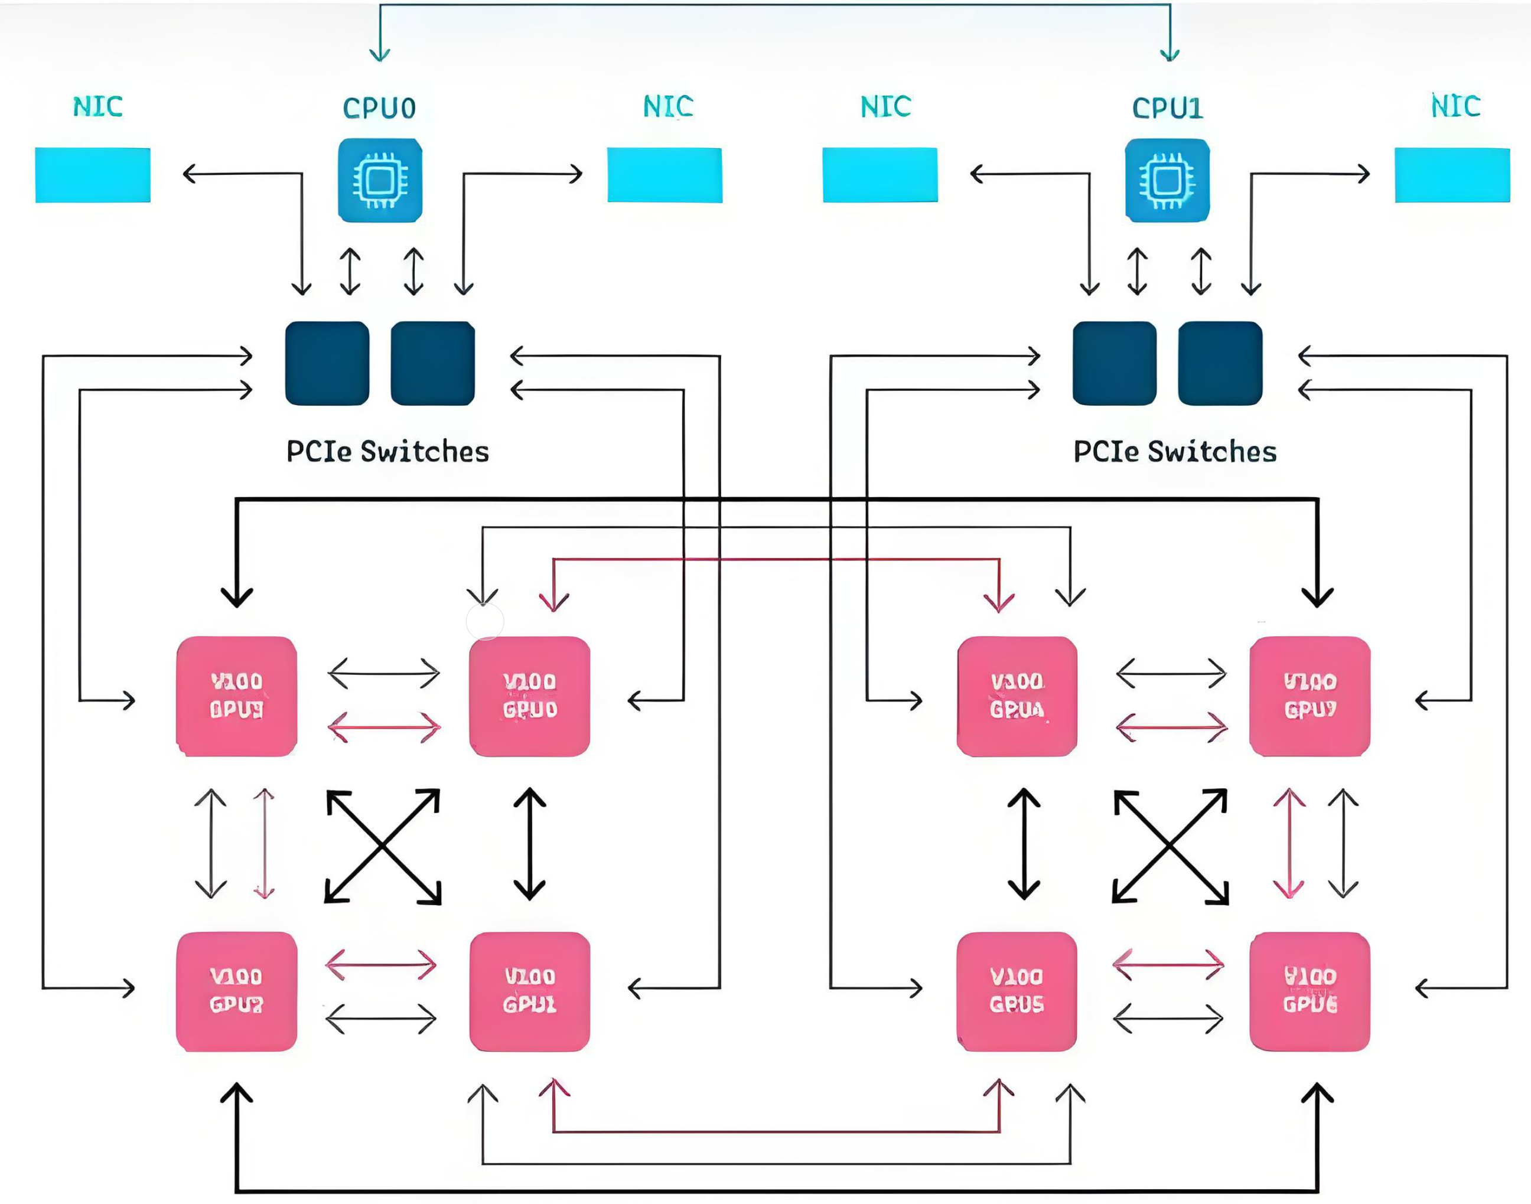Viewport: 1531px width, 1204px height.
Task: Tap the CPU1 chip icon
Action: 1167,181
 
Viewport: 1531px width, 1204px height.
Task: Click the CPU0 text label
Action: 379,109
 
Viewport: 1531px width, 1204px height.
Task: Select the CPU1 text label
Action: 1167,109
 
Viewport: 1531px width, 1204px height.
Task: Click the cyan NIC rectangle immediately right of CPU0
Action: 664,175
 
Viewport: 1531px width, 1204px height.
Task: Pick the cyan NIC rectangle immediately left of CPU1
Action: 879,175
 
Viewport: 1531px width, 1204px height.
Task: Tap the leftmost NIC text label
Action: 98,106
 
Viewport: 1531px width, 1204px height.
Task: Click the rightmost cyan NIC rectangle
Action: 1452,175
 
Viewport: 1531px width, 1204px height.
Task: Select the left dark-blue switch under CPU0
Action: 327,363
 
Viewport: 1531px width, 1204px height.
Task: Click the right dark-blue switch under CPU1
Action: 1220,363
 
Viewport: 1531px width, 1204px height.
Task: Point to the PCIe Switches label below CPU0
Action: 387,452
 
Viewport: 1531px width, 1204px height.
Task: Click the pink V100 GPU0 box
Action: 530,696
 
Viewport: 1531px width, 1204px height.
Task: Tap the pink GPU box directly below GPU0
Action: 530,991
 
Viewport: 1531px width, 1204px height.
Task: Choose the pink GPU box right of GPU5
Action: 1310,991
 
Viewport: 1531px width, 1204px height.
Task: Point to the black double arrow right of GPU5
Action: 1168,1019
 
